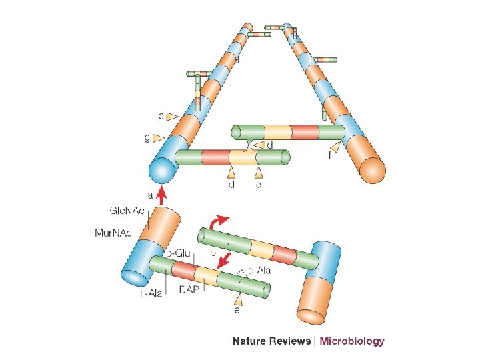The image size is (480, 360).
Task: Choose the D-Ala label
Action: pos(259,271)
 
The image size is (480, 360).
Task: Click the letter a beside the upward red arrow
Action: pos(151,196)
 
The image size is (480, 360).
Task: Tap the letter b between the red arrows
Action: pos(213,254)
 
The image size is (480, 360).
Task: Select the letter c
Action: pos(161,115)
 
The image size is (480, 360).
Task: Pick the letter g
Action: pos(147,138)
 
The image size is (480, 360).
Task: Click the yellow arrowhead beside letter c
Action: pos(173,117)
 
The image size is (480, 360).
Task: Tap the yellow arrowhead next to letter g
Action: pos(159,138)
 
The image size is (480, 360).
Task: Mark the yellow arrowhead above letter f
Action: pos(335,147)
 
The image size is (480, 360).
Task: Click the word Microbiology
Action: pos(352,341)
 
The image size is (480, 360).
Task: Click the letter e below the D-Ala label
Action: pos(237,311)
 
